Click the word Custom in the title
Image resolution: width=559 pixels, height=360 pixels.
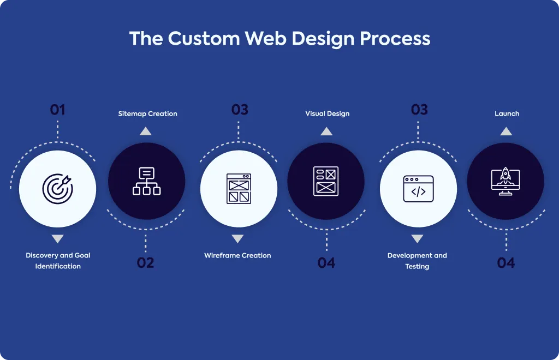204,39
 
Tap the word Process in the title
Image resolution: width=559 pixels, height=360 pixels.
395,39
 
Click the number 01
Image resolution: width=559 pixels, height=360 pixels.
57,110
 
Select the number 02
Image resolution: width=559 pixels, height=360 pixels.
145,263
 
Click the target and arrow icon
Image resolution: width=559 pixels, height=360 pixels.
58,189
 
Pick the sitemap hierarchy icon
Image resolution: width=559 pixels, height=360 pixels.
146,181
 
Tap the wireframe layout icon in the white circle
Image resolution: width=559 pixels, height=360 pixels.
239,189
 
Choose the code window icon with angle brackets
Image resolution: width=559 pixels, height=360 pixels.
419,189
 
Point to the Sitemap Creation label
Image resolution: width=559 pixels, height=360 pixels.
147,113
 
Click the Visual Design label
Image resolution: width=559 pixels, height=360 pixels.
328,113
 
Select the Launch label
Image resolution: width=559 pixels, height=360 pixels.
507,113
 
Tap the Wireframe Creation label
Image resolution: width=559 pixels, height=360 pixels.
237,255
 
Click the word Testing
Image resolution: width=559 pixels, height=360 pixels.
417,266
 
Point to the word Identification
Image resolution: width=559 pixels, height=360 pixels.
58,266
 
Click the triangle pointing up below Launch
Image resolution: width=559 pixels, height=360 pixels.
506,131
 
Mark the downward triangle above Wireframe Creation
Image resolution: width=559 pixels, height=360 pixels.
237,238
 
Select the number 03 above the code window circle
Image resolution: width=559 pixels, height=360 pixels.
419,110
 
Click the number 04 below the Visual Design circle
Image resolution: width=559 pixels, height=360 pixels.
326,263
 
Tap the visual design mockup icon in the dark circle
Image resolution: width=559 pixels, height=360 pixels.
326,181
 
